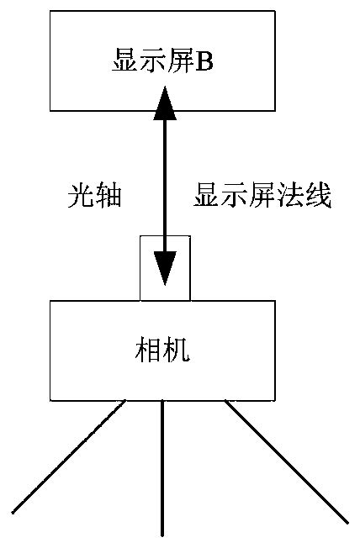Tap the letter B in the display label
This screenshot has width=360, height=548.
pyautogui.click(x=204, y=61)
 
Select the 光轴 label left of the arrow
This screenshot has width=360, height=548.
pyautogui.click(x=94, y=197)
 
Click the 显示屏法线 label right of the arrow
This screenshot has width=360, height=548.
pyautogui.click(x=262, y=197)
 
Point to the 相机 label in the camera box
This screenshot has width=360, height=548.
pyautogui.click(x=163, y=350)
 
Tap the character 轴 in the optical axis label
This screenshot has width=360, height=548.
pyautogui.click(x=109, y=197)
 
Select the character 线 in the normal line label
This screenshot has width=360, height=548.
pyautogui.click(x=319, y=197)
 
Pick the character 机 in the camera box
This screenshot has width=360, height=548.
pyautogui.click(x=177, y=350)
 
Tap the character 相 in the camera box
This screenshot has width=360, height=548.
pyautogui.click(x=149, y=350)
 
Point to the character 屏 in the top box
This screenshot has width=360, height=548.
pyautogui.click(x=180, y=61)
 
